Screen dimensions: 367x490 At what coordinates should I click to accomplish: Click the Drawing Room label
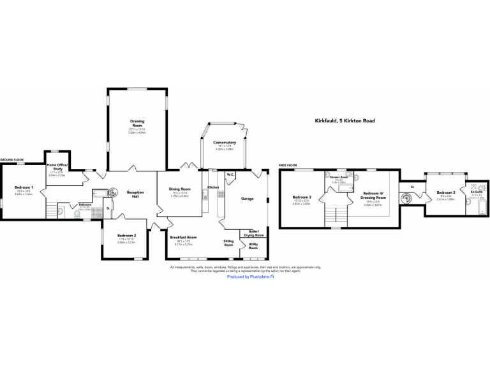click(x=137, y=122)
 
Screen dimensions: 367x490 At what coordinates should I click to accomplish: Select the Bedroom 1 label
click(x=24, y=187)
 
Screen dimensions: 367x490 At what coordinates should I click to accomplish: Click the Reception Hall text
click(x=135, y=194)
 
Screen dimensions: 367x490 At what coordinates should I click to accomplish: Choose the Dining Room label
click(x=180, y=189)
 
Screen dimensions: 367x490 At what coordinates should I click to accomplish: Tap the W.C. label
click(x=230, y=174)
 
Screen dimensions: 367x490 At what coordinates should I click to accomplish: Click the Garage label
click(x=247, y=199)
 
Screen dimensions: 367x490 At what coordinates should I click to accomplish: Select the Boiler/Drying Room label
click(x=253, y=234)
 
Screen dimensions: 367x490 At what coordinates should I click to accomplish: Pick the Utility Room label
click(x=253, y=246)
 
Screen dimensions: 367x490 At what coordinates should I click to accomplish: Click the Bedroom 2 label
click(x=126, y=236)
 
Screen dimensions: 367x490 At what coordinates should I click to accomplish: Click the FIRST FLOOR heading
click(x=288, y=165)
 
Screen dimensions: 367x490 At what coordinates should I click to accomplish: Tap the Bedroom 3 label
click(x=301, y=197)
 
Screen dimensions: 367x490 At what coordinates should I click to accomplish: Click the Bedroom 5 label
click(x=445, y=192)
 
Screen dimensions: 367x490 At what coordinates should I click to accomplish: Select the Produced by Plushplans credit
click(x=250, y=277)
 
